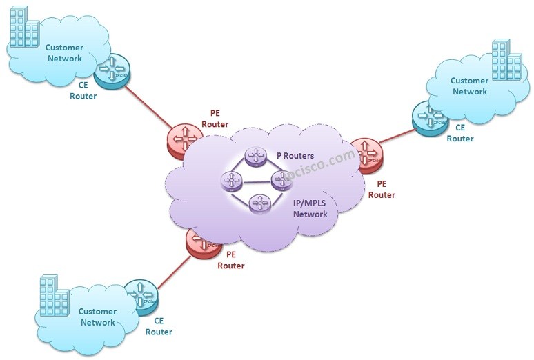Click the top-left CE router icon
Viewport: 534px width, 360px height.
click(112, 71)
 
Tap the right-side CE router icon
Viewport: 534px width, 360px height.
click(429, 118)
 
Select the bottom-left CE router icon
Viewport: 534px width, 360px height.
click(141, 298)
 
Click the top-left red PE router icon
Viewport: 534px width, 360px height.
click(184, 140)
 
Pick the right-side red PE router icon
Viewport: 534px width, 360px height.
click(364, 154)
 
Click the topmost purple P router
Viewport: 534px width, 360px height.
click(256, 157)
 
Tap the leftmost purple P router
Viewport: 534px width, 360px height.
click(231, 181)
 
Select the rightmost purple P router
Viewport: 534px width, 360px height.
click(281, 181)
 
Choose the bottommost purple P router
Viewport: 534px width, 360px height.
click(259, 203)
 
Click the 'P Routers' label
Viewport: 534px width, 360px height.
click(295, 156)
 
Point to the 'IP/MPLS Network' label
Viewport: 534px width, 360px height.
click(310, 209)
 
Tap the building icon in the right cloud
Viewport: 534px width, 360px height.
click(506, 61)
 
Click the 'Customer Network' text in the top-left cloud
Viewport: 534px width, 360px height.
click(64, 53)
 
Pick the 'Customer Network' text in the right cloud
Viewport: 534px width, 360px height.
click(469, 86)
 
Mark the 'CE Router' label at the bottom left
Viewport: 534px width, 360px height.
click(159, 326)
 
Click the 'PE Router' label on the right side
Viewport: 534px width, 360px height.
click(382, 190)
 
